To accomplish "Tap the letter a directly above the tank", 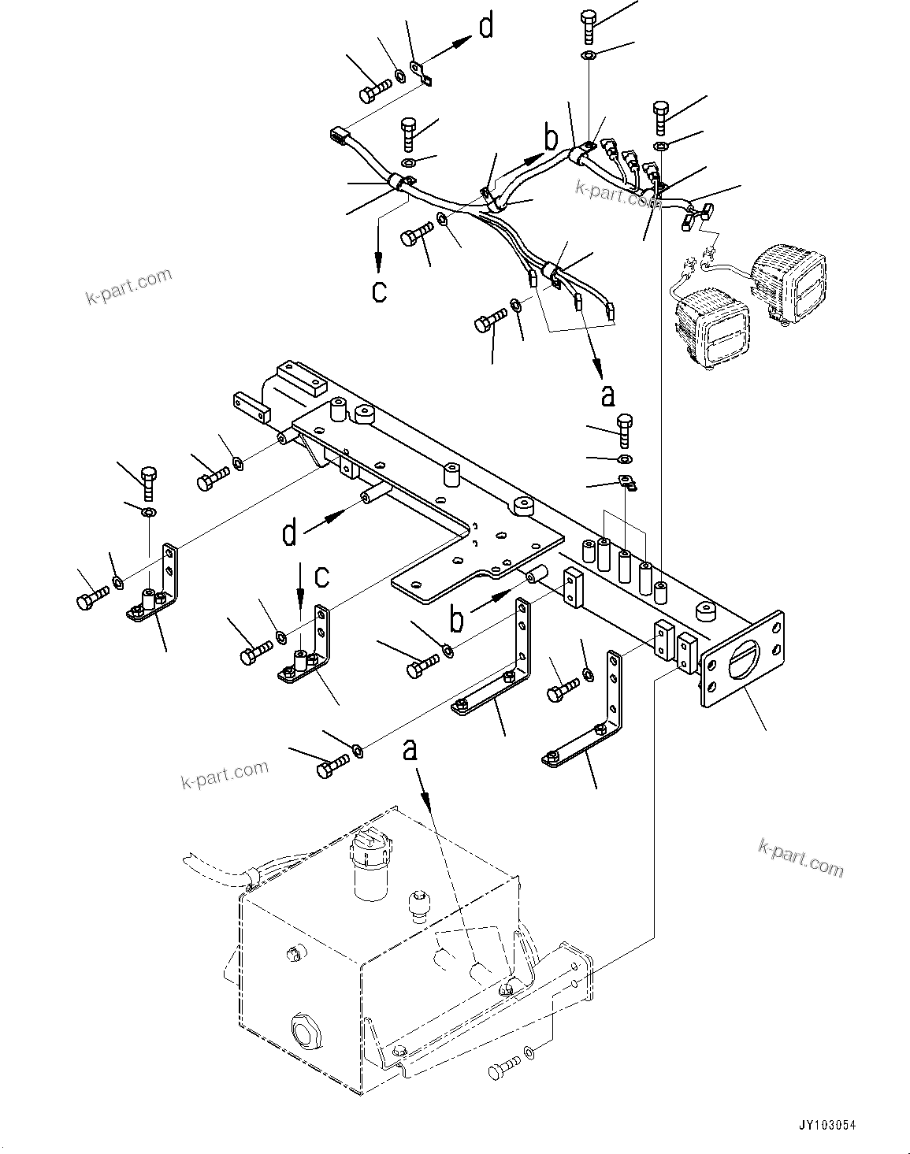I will [x=410, y=749].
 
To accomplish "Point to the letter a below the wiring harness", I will [x=607, y=395].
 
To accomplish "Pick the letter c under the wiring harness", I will [x=379, y=291].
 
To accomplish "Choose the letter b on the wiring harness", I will [x=552, y=137].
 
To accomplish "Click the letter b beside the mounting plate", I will [x=456, y=619].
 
